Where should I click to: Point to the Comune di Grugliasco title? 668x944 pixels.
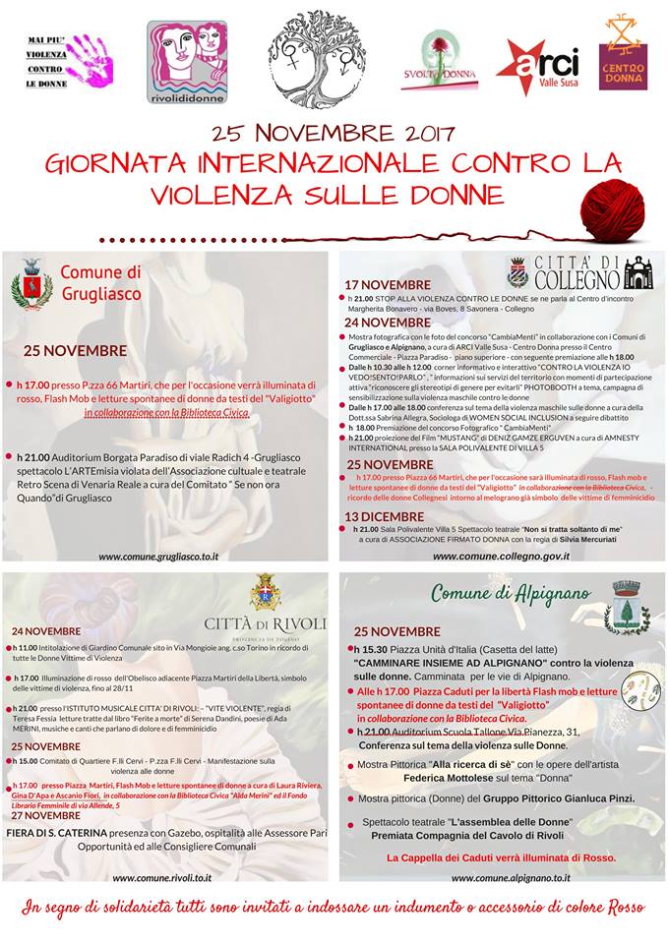(x=101, y=283)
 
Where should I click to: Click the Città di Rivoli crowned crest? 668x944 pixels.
(x=263, y=592)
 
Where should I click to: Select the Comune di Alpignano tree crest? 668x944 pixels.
(x=626, y=606)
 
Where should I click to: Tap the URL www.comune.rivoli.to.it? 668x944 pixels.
(x=161, y=877)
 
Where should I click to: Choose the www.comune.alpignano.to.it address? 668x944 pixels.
(x=501, y=877)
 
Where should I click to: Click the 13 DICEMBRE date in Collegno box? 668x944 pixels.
(x=385, y=516)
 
